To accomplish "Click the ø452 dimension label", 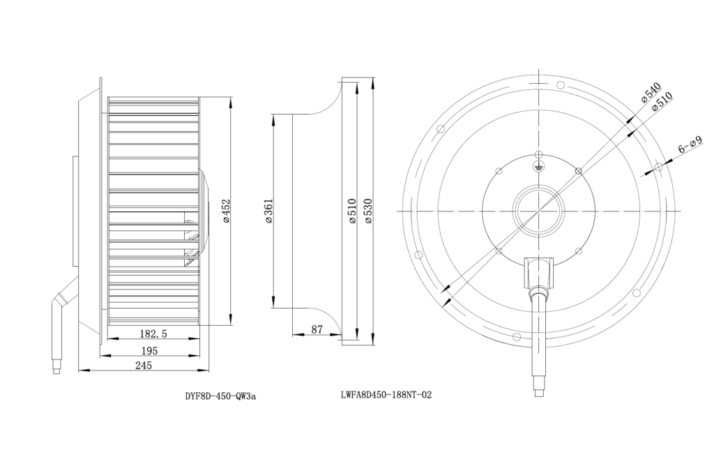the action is click(227, 211).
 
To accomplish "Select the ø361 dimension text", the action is click(268, 211).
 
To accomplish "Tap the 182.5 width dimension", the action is click(153, 334).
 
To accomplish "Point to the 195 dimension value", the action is click(149, 350).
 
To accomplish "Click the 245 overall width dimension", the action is click(144, 365).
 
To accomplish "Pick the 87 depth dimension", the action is click(317, 329).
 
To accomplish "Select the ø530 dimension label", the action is click(368, 211).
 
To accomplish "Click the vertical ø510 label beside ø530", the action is click(351, 211).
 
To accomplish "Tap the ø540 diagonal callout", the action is click(651, 93).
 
